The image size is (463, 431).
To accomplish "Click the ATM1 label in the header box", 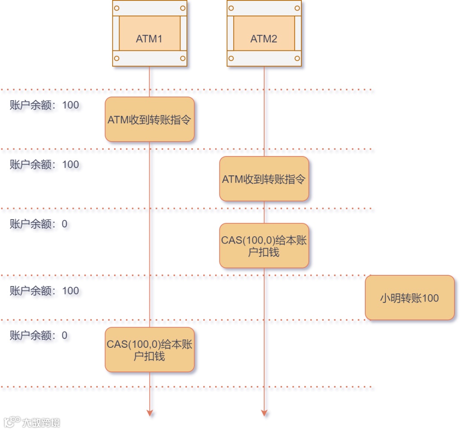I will click(x=149, y=39).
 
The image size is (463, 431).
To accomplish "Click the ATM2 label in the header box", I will click(x=264, y=39).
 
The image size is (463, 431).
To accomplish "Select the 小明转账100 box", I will click(x=409, y=298).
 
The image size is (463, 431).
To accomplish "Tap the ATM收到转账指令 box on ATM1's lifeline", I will click(x=150, y=119).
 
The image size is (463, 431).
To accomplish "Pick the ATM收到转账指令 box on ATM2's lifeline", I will click(x=264, y=179).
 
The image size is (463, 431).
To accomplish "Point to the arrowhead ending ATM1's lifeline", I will click(x=150, y=413).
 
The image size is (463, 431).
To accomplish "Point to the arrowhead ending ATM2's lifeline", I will click(x=264, y=413).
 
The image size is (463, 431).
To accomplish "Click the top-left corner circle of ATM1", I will click(x=117, y=8).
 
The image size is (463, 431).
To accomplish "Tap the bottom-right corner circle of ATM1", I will click(x=183, y=58).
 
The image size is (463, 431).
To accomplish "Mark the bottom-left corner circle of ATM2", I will click(x=231, y=58).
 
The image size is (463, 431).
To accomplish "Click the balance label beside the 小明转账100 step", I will click(x=44, y=291).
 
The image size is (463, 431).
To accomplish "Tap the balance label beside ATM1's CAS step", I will click(x=38, y=335).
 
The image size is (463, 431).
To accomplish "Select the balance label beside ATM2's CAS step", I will click(x=38, y=224).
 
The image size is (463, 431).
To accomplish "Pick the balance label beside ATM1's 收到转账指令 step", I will click(x=44, y=105).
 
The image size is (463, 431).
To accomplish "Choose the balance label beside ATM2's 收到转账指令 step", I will click(x=44, y=165).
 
